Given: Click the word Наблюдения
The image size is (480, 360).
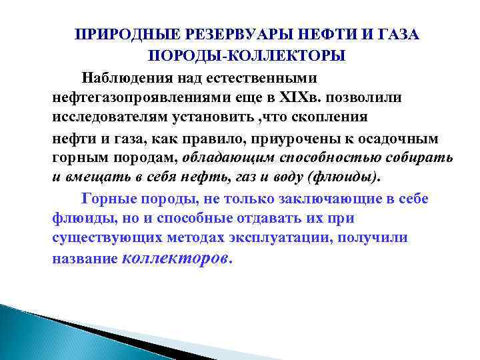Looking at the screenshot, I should (125, 81).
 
